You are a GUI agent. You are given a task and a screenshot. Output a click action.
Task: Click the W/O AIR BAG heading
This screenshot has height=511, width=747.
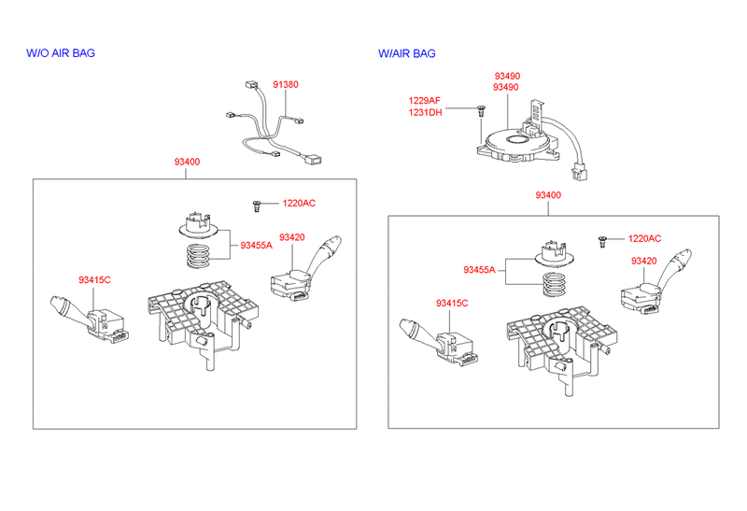coord(60,53)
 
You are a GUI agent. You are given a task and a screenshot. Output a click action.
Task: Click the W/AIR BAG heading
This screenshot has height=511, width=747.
coord(406,53)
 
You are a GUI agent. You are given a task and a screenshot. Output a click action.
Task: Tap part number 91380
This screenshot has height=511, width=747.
coord(286,85)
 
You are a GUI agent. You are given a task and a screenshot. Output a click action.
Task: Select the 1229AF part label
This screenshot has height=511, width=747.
coord(425,100)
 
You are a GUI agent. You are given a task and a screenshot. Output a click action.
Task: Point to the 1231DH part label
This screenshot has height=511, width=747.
coord(425,112)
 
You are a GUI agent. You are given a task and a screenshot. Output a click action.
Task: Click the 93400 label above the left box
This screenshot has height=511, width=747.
coord(186,162)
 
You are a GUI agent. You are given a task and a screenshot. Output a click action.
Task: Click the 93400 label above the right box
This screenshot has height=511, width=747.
coord(548,195)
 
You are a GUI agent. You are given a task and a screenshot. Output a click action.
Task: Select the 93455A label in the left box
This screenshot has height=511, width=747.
coord(256,246)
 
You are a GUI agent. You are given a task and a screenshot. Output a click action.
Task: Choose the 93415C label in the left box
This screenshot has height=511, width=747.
coord(94,279)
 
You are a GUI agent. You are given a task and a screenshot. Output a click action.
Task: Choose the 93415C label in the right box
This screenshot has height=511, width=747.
coord(452,304)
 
